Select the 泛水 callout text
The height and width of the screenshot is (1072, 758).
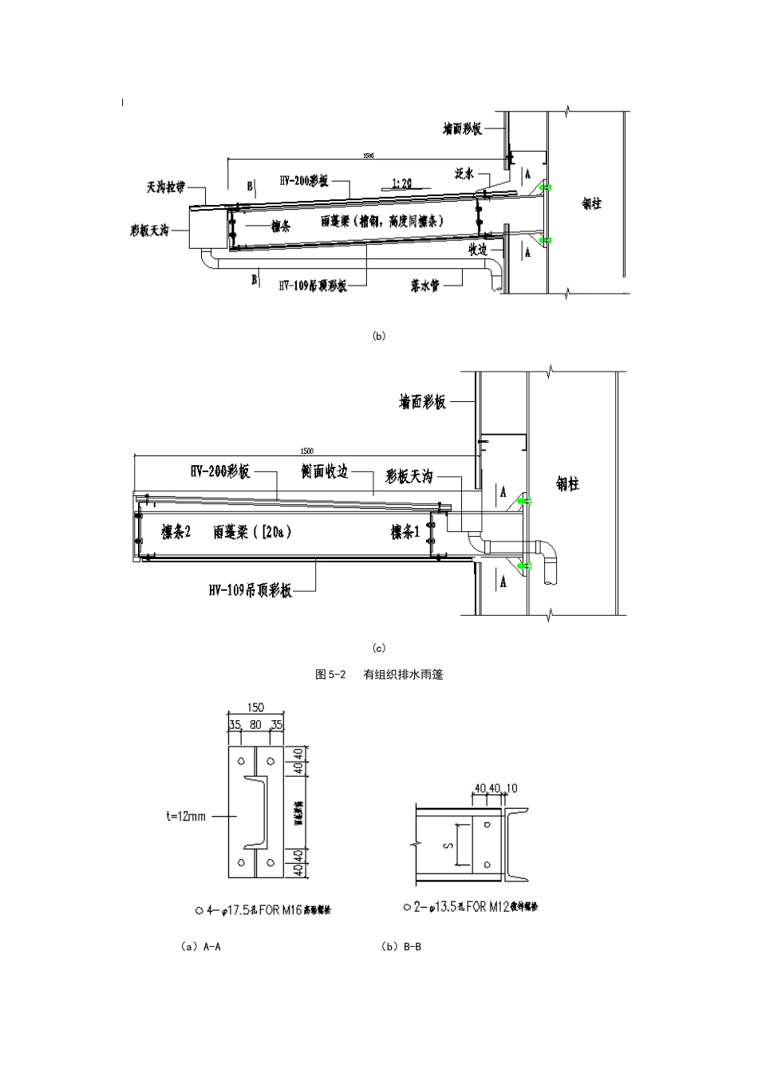pos(466,172)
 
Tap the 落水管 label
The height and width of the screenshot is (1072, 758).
pos(424,285)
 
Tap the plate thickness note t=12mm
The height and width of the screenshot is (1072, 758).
pos(186,816)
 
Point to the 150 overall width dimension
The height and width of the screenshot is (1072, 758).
pos(255,707)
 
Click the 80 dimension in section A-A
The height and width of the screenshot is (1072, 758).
pos(255,725)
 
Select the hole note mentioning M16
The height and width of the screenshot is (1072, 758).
pos(263,910)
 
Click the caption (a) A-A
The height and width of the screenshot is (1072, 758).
pos(201,947)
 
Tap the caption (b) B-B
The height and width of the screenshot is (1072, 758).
pos(401,947)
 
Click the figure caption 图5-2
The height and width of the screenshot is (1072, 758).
pos(330,674)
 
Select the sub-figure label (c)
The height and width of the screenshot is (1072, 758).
pos(379,648)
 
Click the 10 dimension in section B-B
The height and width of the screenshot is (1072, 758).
pos(511,788)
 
